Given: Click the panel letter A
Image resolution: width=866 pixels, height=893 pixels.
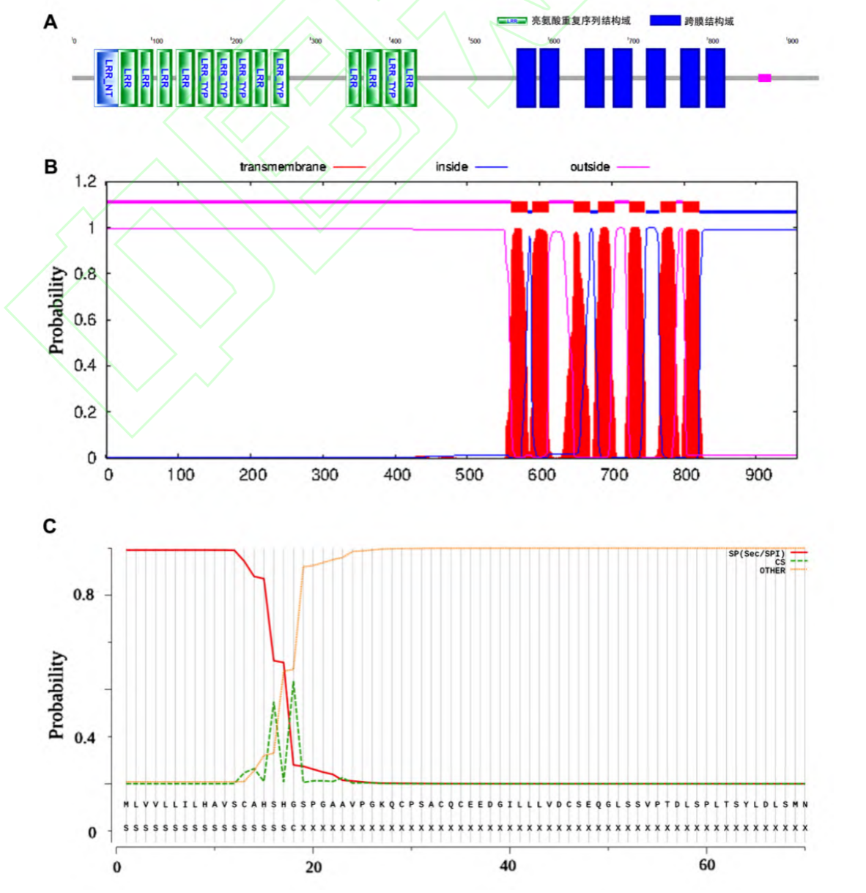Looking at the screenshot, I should [x=51, y=22].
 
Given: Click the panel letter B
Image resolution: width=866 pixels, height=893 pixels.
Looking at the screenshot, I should [x=51, y=166].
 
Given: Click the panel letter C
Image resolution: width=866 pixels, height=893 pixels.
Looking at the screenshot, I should [x=50, y=526].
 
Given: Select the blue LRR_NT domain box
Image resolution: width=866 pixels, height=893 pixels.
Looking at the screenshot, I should [x=106, y=78].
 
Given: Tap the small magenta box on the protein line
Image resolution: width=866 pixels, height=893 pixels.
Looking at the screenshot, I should [x=764, y=78].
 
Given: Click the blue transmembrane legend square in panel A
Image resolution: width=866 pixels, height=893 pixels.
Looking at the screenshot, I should [x=665, y=21].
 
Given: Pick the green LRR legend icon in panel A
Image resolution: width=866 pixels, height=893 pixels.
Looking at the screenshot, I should [x=511, y=21].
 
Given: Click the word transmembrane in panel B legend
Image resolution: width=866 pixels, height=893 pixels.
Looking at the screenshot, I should [x=283, y=167].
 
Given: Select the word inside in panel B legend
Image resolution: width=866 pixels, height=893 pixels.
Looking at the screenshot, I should [x=451, y=167].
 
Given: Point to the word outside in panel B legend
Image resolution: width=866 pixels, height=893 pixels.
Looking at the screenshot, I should [x=590, y=167].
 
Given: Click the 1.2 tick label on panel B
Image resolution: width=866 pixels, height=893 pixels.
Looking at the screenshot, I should [x=86, y=182].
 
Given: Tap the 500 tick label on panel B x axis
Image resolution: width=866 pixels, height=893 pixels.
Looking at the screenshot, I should [x=469, y=475].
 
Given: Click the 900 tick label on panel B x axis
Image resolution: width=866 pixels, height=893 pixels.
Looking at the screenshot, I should [x=758, y=475].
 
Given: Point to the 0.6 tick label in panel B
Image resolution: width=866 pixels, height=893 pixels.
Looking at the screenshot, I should [x=86, y=320].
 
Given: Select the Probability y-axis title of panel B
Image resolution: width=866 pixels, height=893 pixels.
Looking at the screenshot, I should [x=56, y=310].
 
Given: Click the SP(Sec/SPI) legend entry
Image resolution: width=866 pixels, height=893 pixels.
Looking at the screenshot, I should [x=756, y=554].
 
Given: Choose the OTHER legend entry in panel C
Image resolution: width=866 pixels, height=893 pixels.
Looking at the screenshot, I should [x=772, y=570].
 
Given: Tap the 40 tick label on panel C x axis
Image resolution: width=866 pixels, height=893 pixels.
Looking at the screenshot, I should [x=508, y=866].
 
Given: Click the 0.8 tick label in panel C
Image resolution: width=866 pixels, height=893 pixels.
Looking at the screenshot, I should [x=84, y=595].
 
